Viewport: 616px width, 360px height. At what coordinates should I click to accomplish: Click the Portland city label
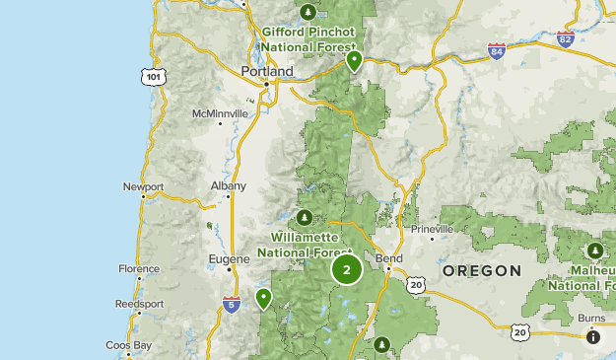pyautogui.click(x=267, y=72)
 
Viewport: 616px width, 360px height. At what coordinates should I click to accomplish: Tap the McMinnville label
pyautogui.click(x=220, y=114)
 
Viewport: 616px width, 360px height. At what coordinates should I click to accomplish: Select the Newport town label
pyautogui.click(x=143, y=186)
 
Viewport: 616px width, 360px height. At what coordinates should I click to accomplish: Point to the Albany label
pyautogui.click(x=229, y=185)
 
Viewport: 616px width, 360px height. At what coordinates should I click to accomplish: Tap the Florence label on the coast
pyautogui.click(x=138, y=268)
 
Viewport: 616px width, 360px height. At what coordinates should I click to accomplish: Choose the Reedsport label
pyautogui.click(x=137, y=304)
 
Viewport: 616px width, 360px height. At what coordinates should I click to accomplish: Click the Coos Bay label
pyautogui.click(x=128, y=345)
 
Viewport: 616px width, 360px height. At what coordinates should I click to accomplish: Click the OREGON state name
pyautogui.click(x=481, y=270)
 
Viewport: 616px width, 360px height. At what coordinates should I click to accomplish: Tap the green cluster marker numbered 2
pyautogui.click(x=347, y=269)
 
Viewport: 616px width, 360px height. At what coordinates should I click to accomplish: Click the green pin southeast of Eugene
pyautogui.click(x=263, y=297)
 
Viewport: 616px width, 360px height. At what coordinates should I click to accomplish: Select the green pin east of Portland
pyautogui.click(x=354, y=61)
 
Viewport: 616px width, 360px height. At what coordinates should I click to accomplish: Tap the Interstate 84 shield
pyautogui.click(x=497, y=50)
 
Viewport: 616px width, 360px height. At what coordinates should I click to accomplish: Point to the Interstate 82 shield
pyautogui.click(x=565, y=39)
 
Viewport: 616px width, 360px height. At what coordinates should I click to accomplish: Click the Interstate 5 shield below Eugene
pyautogui.click(x=231, y=304)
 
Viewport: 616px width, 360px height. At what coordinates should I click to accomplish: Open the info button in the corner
pyautogui.click(x=593, y=337)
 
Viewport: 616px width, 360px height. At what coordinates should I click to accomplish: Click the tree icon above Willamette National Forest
pyautogui.click(x=306, y=218)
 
